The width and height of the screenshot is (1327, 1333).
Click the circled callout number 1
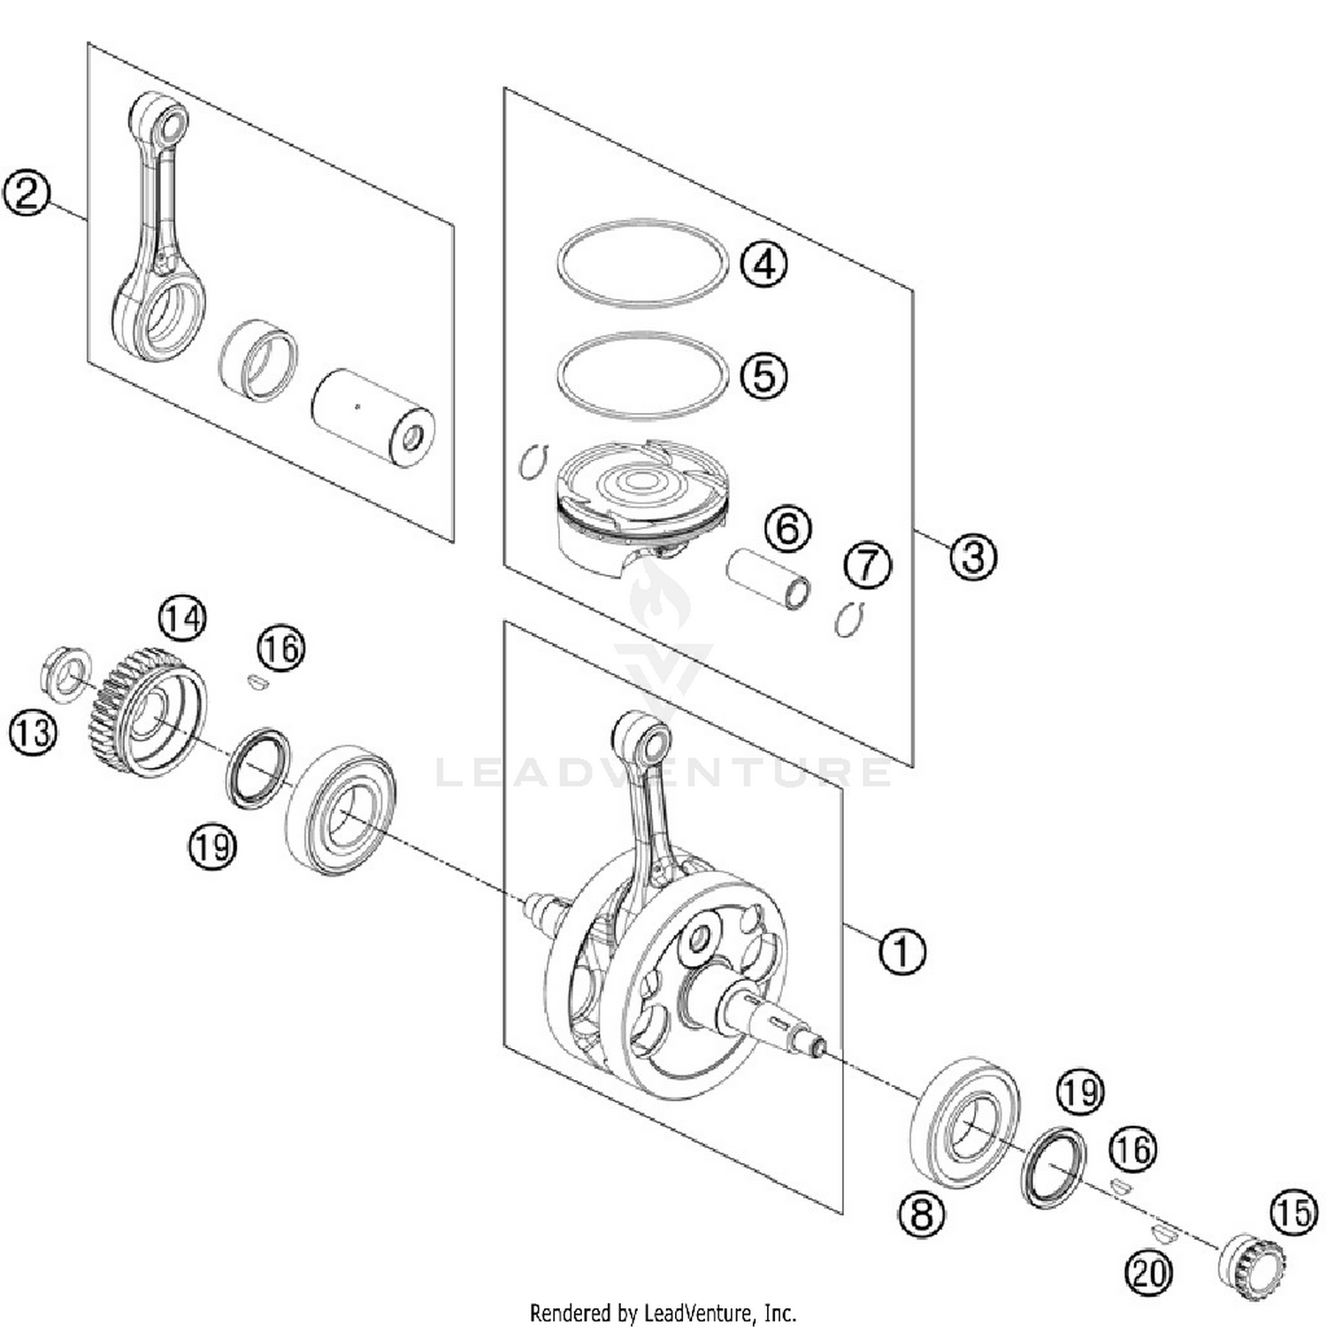click(x=901, y=952)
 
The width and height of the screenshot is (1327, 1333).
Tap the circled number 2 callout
click(x=27, y=192)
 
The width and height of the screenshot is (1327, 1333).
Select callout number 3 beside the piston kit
click(x=973, y=556)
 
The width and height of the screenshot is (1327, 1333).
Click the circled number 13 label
click(x=33, y=733)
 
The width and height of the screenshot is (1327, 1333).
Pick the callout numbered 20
click(x=1147, y=1274)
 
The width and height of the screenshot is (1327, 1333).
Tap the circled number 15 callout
click(x=1293, y=1212)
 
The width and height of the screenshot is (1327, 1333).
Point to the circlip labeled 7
click(x=848, y=619)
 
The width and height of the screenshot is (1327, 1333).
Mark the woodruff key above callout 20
click(x=1163, y=1233)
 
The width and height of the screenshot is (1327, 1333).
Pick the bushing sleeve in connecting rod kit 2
click(x=258, y=358)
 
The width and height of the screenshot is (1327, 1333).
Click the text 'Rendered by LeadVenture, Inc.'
click(x=663, y=1312)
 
